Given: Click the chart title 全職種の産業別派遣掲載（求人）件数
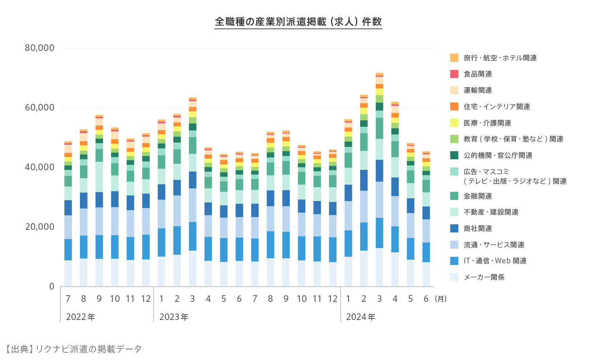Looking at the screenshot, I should pos(298,22).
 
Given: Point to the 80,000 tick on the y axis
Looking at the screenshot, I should pos(40,48).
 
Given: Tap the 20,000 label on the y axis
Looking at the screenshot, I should pos(40,227).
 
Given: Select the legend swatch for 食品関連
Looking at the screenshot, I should pos(454,74).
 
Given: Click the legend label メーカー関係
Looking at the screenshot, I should pos(484,277).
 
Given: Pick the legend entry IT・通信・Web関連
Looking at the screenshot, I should pos(495,261).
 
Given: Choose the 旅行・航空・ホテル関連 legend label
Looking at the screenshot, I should pos(500,58).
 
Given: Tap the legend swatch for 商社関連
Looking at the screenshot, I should pos(454,228).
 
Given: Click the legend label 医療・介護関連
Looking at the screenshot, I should pos(487,123).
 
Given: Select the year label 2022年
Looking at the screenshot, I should pos(81,317).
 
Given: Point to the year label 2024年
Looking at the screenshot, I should pos(361,317).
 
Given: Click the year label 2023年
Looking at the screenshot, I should pos(174,317).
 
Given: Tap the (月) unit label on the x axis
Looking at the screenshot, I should pos(440,299).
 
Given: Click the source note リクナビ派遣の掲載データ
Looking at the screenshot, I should pos(88,349).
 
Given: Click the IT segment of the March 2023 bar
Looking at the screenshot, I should pos(193,236).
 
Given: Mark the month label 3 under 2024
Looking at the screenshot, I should pos(379,299).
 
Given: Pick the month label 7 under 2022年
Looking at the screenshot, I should pos(68,299).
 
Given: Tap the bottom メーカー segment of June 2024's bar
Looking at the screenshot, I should pos(426,275).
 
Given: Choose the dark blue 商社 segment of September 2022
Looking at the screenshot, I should pos(99,200).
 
